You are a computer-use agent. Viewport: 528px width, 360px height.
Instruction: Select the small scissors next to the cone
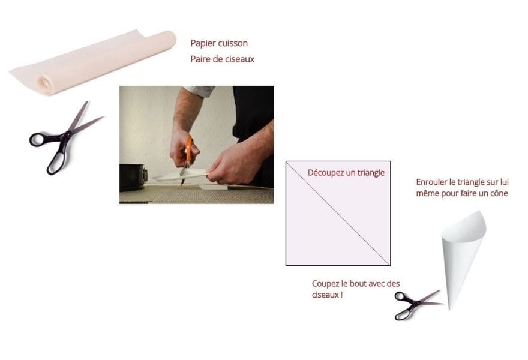pos(414,304)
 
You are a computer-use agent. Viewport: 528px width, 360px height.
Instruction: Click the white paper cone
pos(462,246)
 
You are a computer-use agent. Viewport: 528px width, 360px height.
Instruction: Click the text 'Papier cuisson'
pos(219,43)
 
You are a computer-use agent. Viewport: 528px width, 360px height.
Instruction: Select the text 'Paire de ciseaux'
pos(223,59)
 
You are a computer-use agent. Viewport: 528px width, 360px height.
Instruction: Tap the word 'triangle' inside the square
pos(366,173)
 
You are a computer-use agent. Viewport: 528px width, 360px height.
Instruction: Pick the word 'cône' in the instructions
pos(498,193)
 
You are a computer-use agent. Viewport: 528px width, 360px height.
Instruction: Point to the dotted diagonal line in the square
pos(338,213)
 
